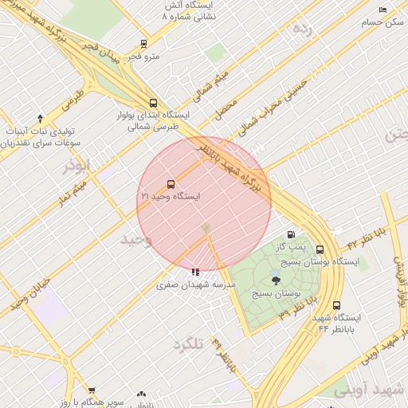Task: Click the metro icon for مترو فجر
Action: (143, 44)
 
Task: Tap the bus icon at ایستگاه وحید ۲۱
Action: (171, 184)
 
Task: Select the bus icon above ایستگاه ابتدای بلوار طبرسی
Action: (153, 103)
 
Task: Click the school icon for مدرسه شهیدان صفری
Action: (196, 271)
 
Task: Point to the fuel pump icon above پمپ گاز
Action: (291, 234)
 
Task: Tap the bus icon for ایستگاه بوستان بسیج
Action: (320, 249)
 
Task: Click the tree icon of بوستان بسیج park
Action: (276, 279)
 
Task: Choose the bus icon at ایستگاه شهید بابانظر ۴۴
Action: (336, 305)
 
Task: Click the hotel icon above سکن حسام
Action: (383, 10)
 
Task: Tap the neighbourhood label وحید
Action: (136, 239)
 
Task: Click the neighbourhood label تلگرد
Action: (190, 343)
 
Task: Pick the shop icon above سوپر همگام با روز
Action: (92, 391)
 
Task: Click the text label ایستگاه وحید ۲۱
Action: (171, 196)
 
